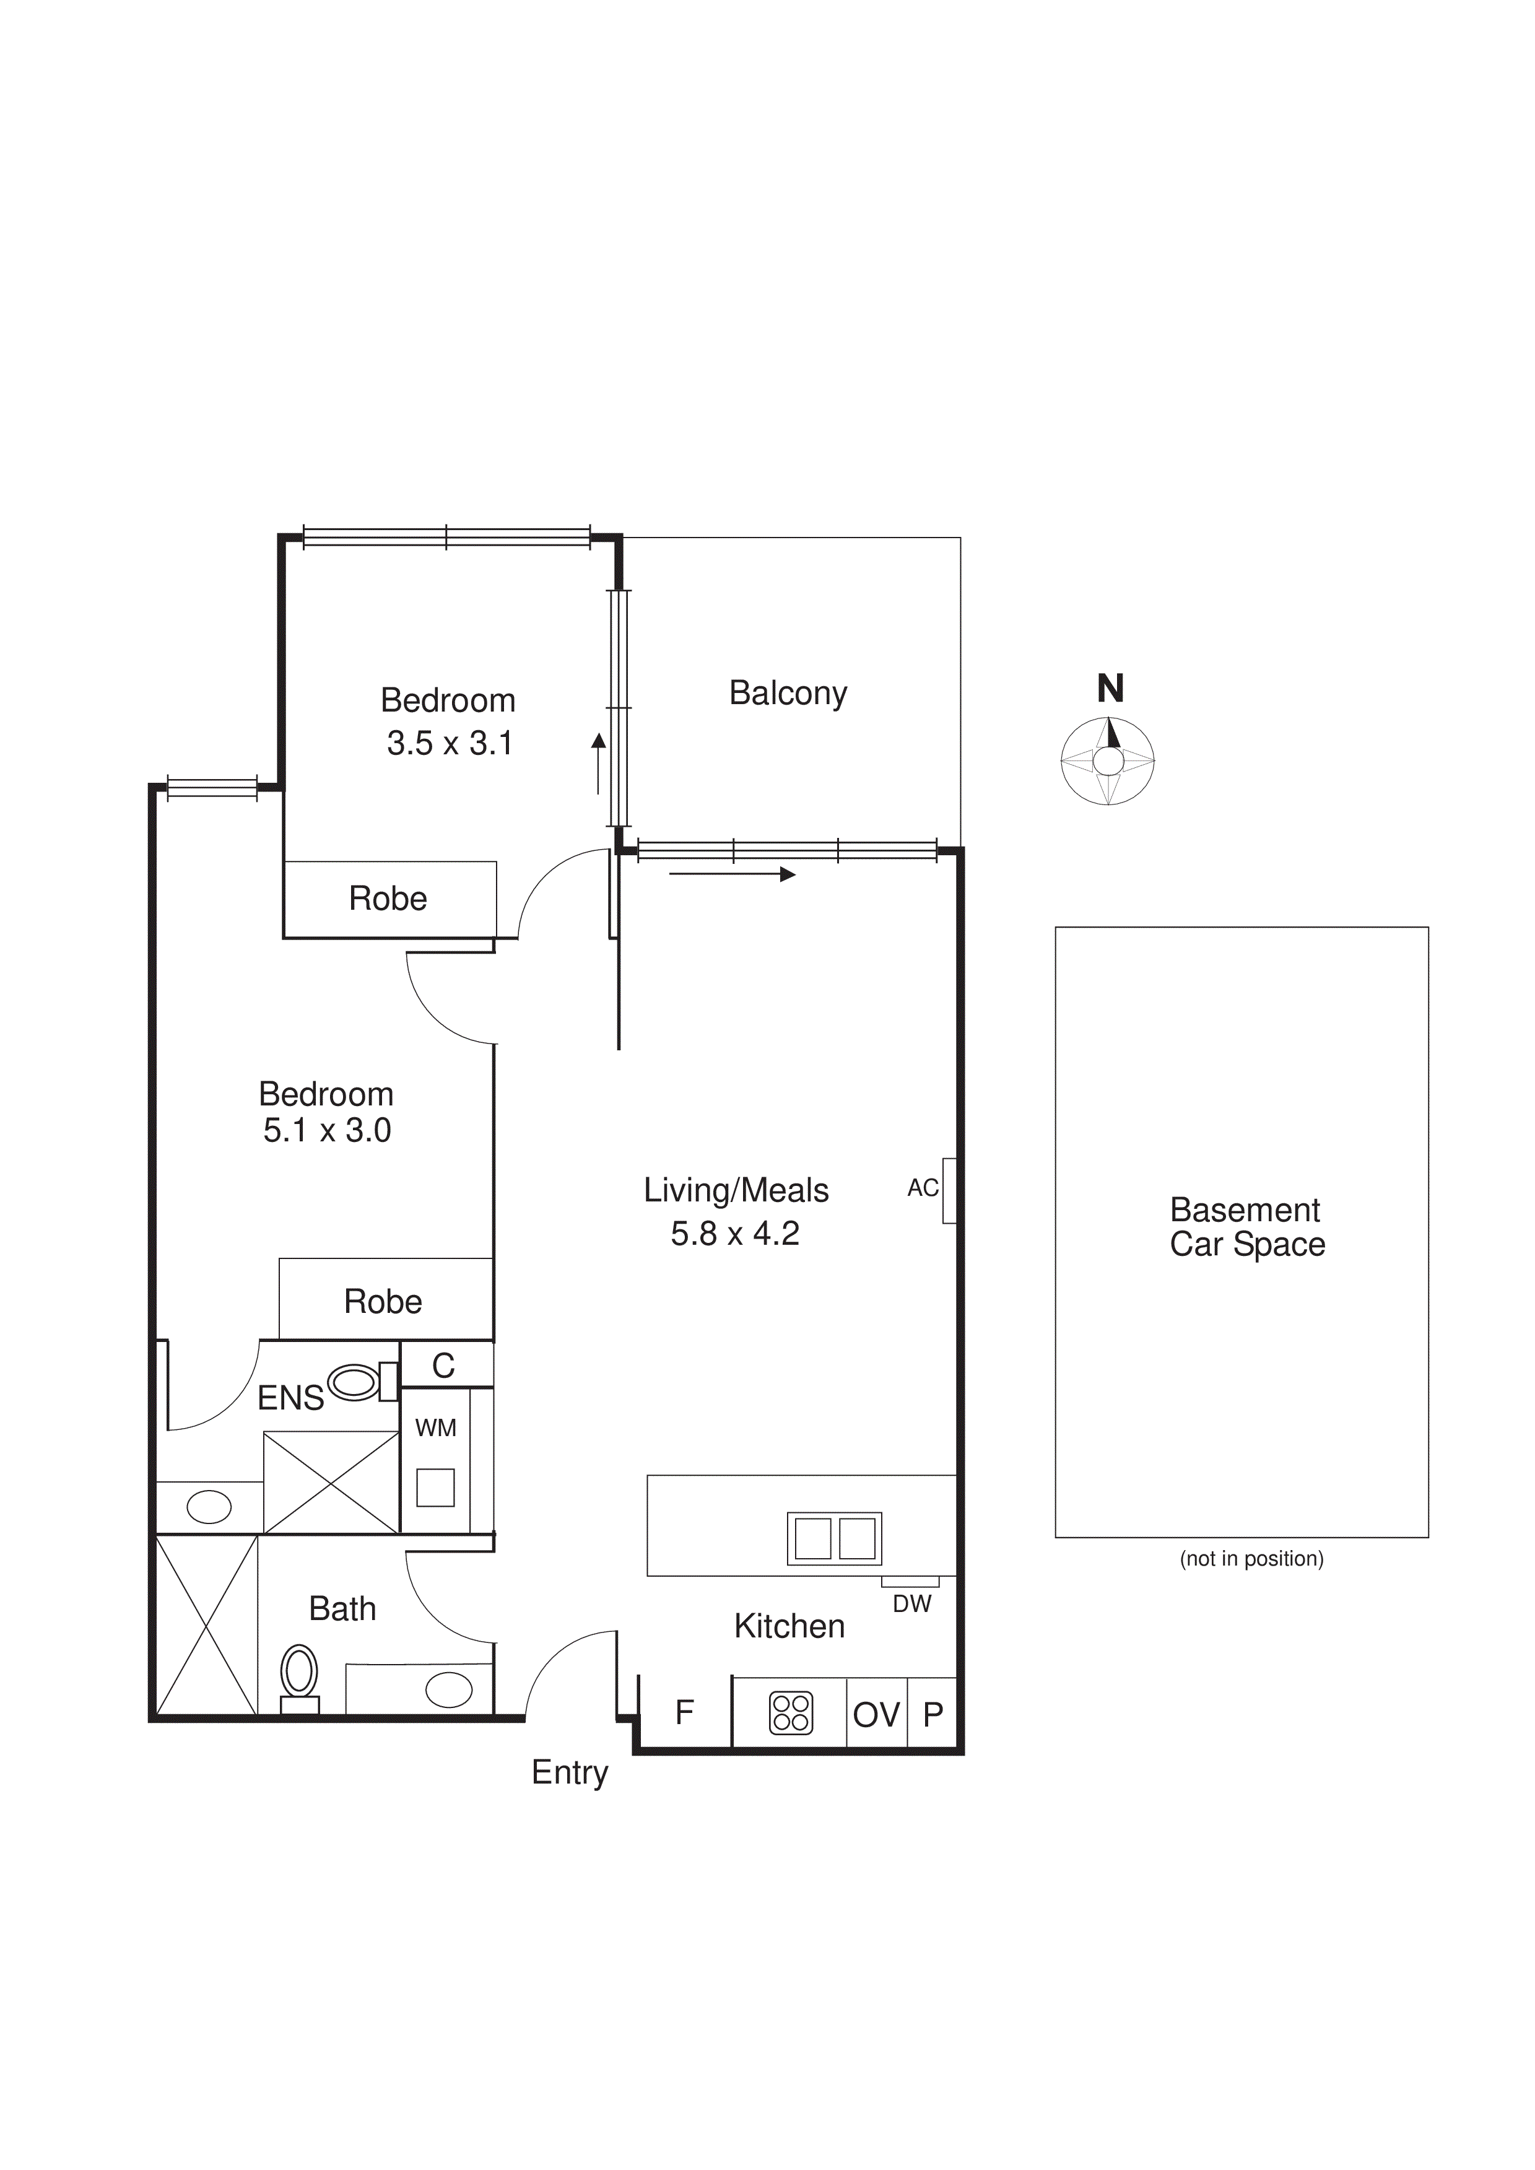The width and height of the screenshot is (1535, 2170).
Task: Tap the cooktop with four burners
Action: [791, 1712]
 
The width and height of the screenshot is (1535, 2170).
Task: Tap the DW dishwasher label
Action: [911, 1604]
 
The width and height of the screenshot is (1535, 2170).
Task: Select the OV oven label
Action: [876, 1714]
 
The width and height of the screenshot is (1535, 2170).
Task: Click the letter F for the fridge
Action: [684, 1712]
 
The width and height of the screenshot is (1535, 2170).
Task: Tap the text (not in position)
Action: [1251, 1559]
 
